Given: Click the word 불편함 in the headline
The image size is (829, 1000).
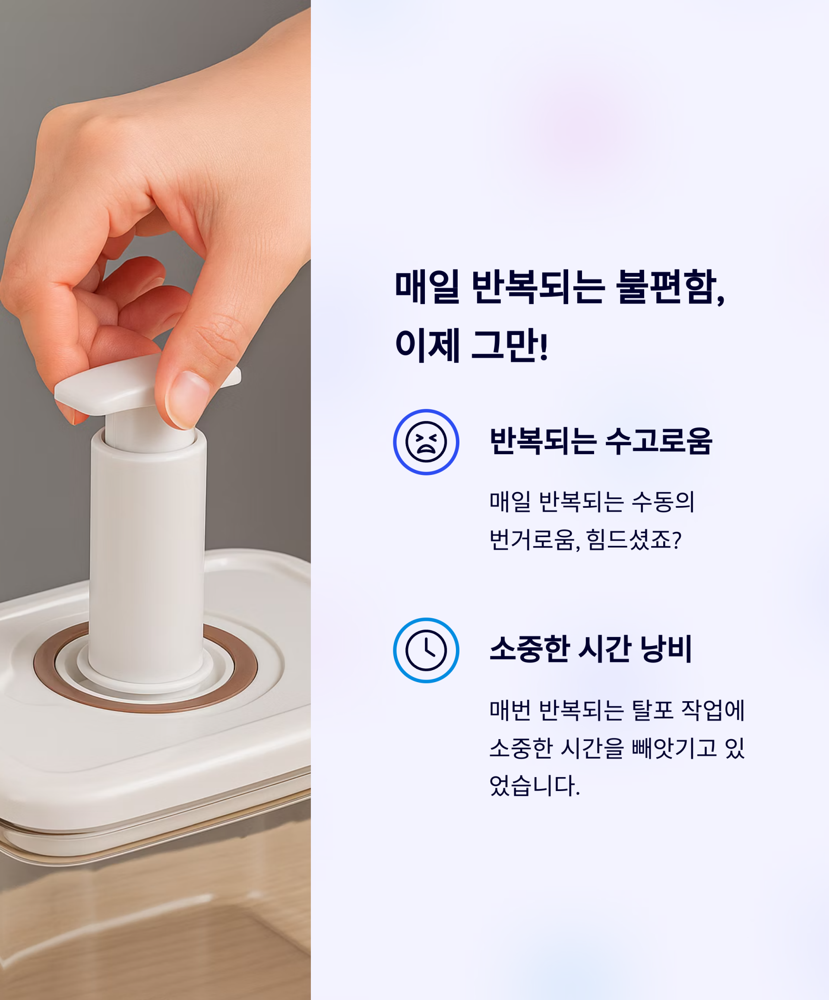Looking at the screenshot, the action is point(671,287).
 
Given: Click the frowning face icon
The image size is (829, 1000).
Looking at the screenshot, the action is point(426,442).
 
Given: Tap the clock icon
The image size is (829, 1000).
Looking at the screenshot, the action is point(426,651).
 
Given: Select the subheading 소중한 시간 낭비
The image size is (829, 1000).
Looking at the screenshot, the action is point(590,649).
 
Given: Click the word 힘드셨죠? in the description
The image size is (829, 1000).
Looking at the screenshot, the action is point(634,541).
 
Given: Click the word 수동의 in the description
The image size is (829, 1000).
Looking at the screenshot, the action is point(663,501).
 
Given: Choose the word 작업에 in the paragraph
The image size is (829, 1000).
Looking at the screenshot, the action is point(713,710).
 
